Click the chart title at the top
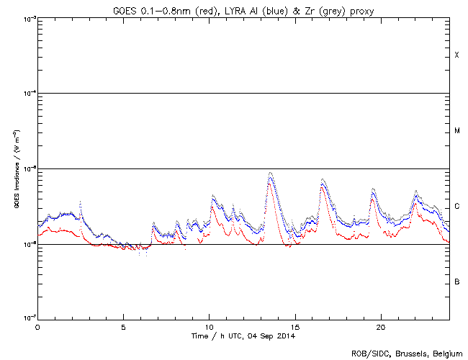pos(243,8)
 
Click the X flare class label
pos(456,55)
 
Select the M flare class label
pos(456,131)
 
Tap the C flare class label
pos(456,207)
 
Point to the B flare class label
pos(456,282)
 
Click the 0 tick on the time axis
pos(37,326)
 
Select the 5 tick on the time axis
pos(123,326)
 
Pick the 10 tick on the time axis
pos(209,326)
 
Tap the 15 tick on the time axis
pos(294,326)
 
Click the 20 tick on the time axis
pos(380,326)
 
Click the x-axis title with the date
pos(243,336)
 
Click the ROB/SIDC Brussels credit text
pos(406,353)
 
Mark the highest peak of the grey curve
pos(270,173)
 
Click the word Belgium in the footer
pos(446,353)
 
